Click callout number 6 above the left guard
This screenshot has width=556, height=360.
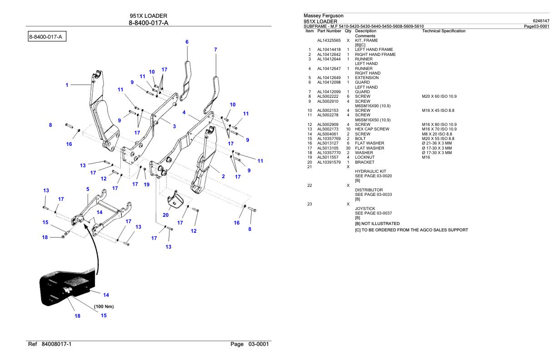tap(187, 42)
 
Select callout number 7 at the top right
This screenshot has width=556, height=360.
tap(215, 49)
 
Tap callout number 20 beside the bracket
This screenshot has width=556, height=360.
tap(166, 215)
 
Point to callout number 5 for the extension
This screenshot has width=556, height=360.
tap(88, 189)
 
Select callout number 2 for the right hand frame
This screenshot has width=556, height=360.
tap(223, 176)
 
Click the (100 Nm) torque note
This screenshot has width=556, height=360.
tap(104, 306)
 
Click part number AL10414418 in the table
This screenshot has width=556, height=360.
tap(329, 50)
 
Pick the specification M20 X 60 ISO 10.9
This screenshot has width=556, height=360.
tap(439, 96)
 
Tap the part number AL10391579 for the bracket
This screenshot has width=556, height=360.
tap(329, 162)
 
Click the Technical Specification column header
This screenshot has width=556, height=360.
tap(443, 31)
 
